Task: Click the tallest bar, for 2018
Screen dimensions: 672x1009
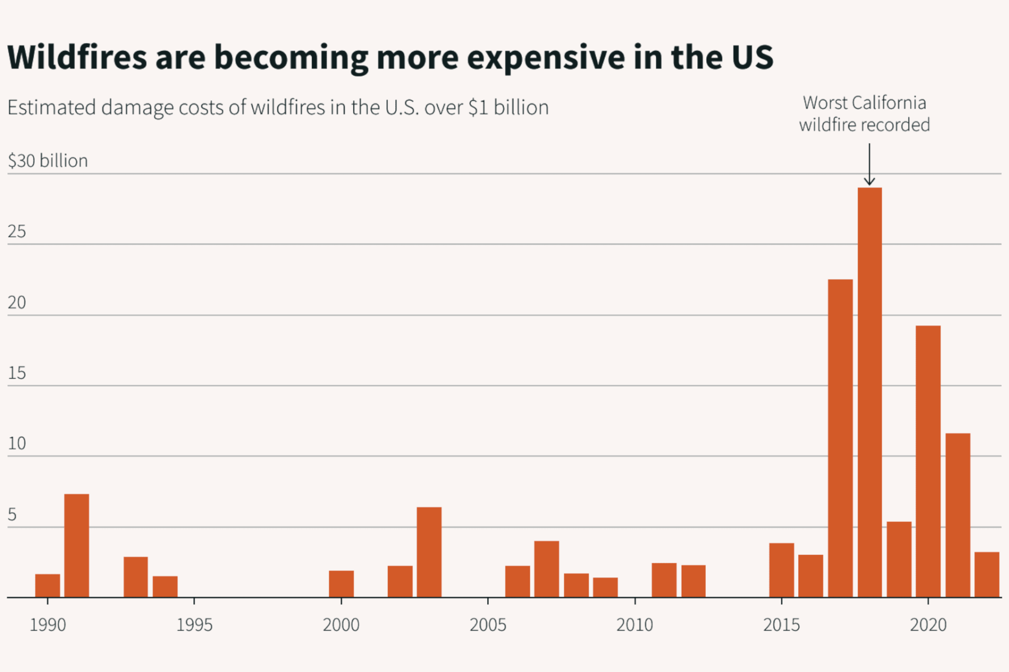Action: click(x=869, y=392)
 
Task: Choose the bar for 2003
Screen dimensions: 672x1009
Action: click(x=429, y=552)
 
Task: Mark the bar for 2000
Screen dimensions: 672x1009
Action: click(x=341, y=584)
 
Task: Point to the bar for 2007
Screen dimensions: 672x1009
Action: click(x=547, y=569)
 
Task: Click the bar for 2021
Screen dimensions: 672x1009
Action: click(x=957, y=515)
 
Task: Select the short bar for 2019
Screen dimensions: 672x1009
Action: click(x=899, y=559)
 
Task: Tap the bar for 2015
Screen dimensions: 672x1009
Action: click(x=781, y=570)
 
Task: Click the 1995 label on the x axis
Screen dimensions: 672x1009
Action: click(x=194, y=625)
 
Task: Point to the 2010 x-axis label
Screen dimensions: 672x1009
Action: click(x=635, y=625)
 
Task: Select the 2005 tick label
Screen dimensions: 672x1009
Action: click(x=488, y=625)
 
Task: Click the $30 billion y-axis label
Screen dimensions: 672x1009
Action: click(x=48, y=161)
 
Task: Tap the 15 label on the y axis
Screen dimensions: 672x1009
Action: click(x=17, y=373)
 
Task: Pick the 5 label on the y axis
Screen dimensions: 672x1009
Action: click(x=12, y=515)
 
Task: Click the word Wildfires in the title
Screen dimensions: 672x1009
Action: click(x=77, y=57)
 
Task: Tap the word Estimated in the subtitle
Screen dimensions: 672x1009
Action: click(x=52, y=108)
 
